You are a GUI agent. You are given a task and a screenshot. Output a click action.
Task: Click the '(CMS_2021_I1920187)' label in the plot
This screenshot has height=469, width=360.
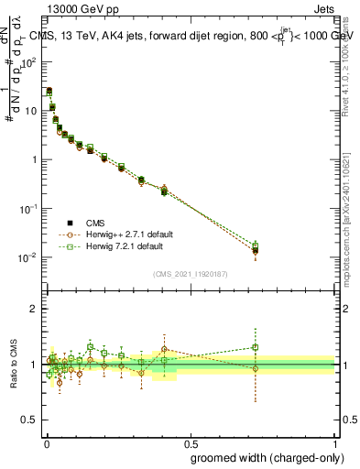pyautogui.click(x=191, y=272)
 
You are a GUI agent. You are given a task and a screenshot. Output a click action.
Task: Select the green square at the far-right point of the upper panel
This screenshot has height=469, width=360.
pyautogui.click(x=256, y=245)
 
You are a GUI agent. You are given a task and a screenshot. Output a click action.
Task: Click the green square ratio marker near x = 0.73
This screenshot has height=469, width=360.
pyautogui.click(x=256, y=347)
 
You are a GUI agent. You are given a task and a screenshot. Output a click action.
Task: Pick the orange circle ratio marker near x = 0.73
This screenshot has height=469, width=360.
pyautogui.click(x=256, y=369)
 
